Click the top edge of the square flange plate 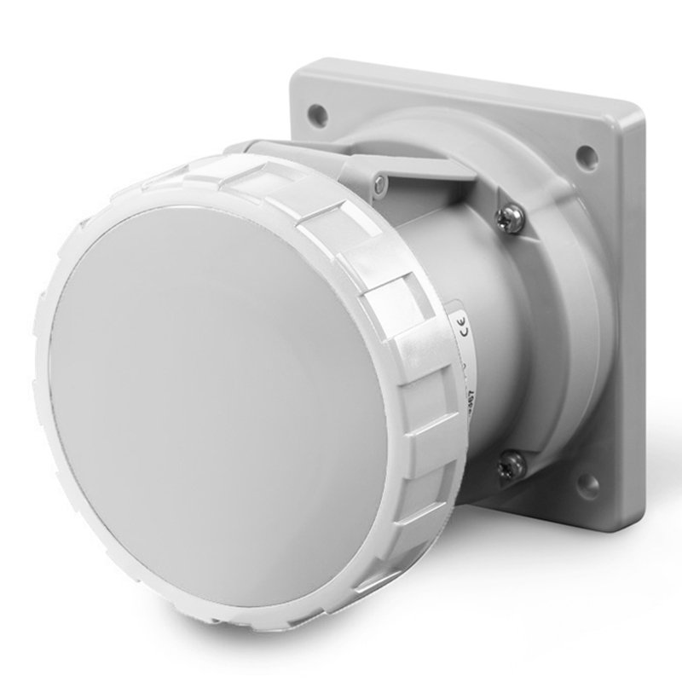tap(460, 77)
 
